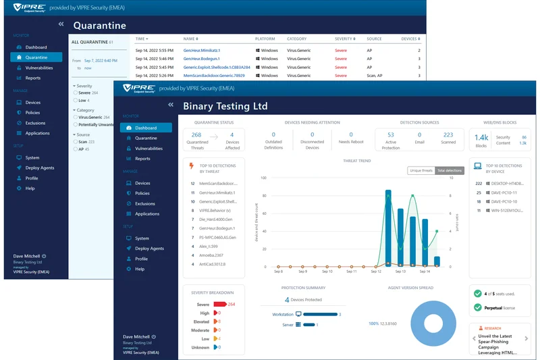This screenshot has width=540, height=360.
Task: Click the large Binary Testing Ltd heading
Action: (x=225, y=106)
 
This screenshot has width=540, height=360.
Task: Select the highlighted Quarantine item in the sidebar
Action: (x=38, y=57)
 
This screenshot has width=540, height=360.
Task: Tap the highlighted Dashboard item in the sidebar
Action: (x=146, y=128)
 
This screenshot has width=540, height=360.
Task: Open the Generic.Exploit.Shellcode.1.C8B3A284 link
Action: (x=217, y=68)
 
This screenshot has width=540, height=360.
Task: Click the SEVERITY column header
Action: (x=344, y=39)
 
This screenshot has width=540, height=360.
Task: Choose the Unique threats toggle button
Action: (x=421, y=170)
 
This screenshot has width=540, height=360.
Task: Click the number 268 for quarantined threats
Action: (x=196, y=135)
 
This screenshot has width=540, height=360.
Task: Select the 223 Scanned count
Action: (x=448, y=135)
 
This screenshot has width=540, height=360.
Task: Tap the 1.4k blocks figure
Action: (x=481, y=137)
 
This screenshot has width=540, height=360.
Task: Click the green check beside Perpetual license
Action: (x=478, y=307)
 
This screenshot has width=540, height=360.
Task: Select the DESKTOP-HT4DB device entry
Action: (x=508, y=183)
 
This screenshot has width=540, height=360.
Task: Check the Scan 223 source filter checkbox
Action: (x=74, y=142)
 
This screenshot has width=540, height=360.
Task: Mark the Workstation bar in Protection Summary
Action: (x=320, y=314)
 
